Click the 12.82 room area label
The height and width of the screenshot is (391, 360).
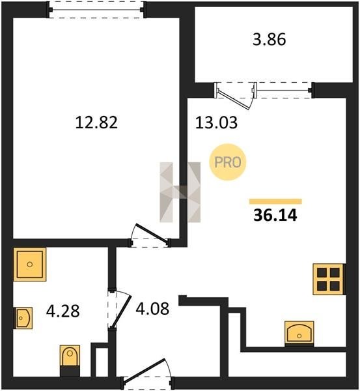[x=96, y=123]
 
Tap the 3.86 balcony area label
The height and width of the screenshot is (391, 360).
[x=270, y=40]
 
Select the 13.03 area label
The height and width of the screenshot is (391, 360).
[x=216, y=123]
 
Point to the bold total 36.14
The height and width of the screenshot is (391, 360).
[x=275, y=215]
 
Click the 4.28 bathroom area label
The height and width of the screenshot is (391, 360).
[x=63, y=311]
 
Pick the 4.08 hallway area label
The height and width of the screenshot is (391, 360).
[x=152, y=308]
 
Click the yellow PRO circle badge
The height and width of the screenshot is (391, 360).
[x=228, y=162]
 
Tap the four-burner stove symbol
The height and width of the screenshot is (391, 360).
[x=328, y=280]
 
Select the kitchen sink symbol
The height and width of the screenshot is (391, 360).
[x=299, y=334]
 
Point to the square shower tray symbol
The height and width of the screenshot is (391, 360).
[x=30, y=265]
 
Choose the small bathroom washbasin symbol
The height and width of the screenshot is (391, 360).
[x=23, y=318]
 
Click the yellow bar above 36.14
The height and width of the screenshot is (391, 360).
[x=275, y=201]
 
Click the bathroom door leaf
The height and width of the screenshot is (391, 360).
[x=121, y=311]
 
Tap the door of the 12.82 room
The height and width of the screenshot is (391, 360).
[x=151, y=233]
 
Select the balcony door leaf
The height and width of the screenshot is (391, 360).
[x=234, y=99]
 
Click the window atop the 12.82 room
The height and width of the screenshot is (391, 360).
[x=96, y=10]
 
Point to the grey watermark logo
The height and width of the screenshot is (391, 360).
[x=180, y=192]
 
